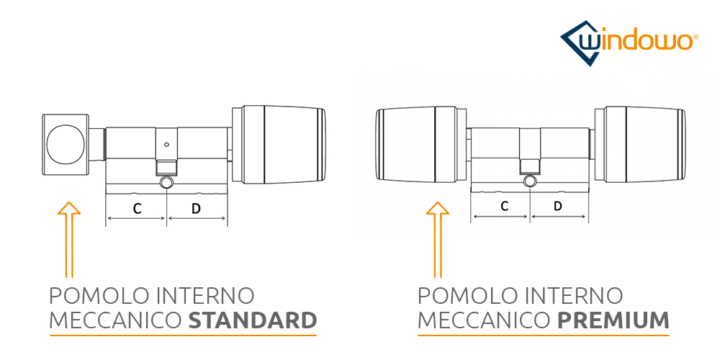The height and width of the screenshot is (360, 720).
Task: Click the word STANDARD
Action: (x=252, y=320)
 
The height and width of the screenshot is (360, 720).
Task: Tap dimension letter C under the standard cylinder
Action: (x=137, y=209)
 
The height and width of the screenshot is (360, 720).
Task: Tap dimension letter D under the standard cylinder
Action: (x=197, y=209)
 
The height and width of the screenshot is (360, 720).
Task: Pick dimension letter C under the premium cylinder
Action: (x=505, y=207)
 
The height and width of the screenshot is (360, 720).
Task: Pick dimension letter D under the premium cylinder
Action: (x=558, y=207)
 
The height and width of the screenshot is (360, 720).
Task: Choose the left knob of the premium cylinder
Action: (x=418, y=146)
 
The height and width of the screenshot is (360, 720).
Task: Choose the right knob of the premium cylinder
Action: (x=641, y=146)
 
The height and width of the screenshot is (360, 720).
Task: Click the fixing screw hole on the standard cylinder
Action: (x=167, y=183)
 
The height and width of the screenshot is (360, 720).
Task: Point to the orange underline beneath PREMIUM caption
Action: (x=544, y=336)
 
